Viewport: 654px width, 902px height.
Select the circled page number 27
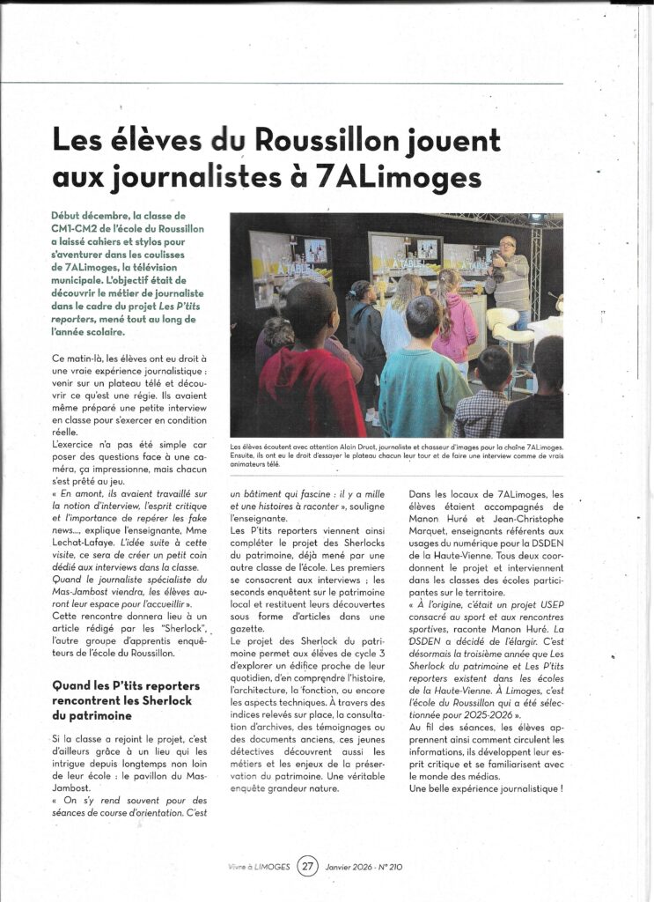click(307, 866)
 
